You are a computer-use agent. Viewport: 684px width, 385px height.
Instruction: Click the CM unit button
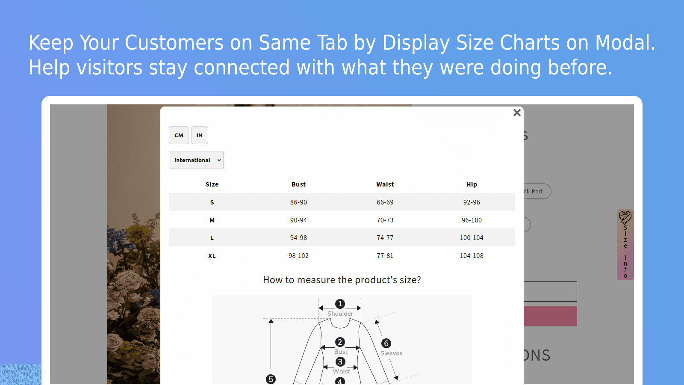[179, 135]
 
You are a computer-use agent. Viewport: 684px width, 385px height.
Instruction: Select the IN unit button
[199, 135]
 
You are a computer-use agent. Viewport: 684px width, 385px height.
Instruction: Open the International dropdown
[196, 160]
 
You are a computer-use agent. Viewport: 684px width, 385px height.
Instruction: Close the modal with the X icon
[517, 113]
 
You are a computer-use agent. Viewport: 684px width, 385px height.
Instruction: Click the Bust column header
[298, 184]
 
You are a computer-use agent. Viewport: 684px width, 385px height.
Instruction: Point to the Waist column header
[385, 184]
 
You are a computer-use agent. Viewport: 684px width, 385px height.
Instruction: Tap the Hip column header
[472, 184]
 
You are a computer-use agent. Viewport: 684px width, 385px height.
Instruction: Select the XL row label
[212, 256]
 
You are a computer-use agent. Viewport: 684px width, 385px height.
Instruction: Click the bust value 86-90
[298, 202]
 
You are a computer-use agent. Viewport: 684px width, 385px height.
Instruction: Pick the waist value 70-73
[385, 220]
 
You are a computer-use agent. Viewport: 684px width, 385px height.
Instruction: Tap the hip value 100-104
[472, 238]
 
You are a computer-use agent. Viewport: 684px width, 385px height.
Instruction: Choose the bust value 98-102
[298, 256]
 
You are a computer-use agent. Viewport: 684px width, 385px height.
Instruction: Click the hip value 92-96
[472, 202]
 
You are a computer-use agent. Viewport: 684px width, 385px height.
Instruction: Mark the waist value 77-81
[385, 256]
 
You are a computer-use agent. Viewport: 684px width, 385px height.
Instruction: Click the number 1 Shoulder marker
[340, 304]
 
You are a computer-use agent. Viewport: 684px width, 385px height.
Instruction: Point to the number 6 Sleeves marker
[386, 343]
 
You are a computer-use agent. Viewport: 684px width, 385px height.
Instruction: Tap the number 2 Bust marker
[340, 342]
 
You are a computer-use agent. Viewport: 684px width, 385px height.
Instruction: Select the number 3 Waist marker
[340, 362]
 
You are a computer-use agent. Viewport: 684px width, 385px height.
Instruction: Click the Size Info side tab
[625, 245]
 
